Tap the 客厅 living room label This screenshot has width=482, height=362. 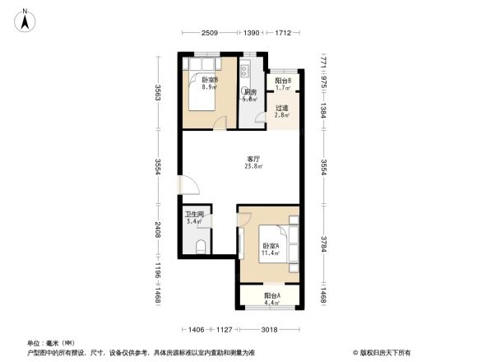(x=253, y=158)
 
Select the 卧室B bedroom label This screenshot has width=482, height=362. (x=209, y=79)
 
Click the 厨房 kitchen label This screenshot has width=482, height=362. (x=250, y=92)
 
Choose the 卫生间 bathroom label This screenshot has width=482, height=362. (x=194, y=214)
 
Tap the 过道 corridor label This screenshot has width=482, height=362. (x=282, y=108)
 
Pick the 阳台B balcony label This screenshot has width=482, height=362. (x=283, y=81)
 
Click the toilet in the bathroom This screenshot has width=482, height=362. (x=202, y=245)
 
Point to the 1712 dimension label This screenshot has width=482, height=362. (x=283, y=32)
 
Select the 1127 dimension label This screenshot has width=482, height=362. (x=225, y=330)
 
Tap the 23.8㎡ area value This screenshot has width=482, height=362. (x=253, y=166)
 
